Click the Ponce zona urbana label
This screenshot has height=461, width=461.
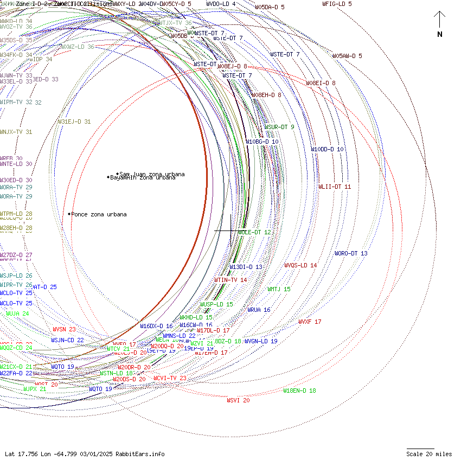(99, 214)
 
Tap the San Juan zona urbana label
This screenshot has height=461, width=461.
(152, 174)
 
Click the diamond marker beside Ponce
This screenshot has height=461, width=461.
(69, 214)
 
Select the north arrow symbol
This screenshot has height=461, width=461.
(439, 21)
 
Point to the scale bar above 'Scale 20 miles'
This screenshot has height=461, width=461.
(421, 449)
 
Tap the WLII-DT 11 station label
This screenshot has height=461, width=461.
(335, 187)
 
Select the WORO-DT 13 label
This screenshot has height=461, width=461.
(351, 253)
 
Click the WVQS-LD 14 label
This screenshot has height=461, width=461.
(300, 265)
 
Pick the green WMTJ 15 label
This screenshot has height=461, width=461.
(279, 289)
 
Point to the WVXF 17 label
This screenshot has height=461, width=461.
(310, 322)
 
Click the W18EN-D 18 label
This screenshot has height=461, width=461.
(299, 390)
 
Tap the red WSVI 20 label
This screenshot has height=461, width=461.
(238, 400)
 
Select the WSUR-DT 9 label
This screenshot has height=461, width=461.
(279, 127)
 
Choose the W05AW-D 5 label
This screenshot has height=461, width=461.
(347, 56)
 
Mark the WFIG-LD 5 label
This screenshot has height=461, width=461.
(337, 4)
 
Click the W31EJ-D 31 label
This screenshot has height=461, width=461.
(74, 121)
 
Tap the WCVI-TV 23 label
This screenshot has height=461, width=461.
(170, 378)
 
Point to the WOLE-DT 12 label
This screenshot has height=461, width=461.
(254, 232)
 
